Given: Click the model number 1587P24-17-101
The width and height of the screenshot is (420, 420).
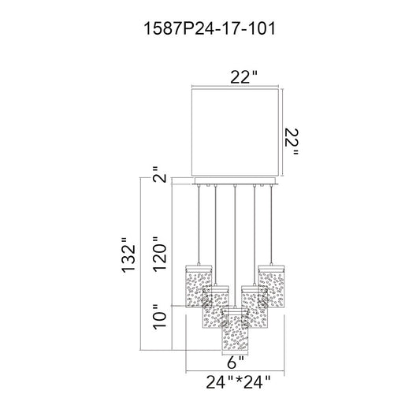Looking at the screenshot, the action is [x=210, y=28].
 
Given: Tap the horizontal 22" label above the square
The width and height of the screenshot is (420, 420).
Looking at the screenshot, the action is [x=243, y=77].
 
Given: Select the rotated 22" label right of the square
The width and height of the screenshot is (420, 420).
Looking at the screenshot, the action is [x=292, y=142].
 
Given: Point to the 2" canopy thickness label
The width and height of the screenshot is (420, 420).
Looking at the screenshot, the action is [x=160, y=175].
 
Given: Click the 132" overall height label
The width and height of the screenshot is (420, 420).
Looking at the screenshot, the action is [x=129, y=255].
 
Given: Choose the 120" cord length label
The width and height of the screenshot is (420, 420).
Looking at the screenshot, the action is [x=160, y=255].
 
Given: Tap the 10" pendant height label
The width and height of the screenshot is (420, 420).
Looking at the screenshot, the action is [x=160, y=317].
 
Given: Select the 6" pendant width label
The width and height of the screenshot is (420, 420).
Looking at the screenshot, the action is [x=236, y=362].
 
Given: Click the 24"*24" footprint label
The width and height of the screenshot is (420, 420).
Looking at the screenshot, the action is [x=238, y=382].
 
